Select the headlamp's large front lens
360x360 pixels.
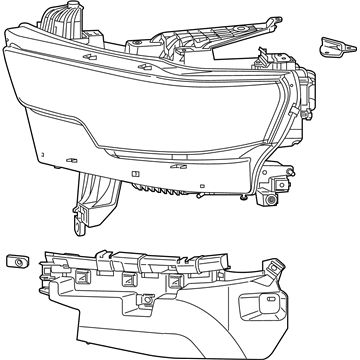150,110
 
